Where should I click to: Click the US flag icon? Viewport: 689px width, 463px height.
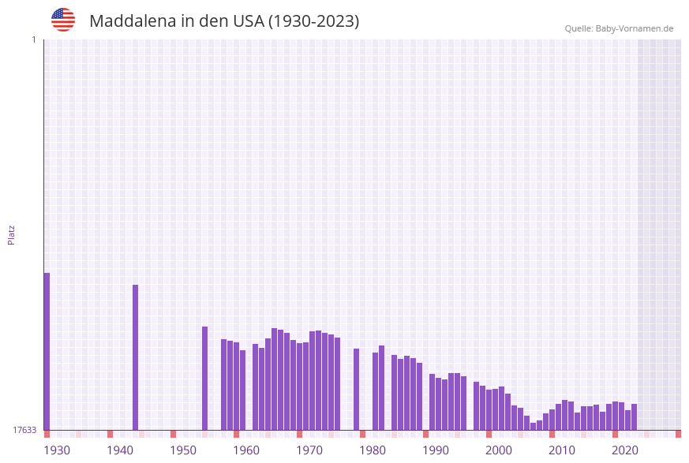point(63,20)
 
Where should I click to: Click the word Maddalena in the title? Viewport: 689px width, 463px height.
point(132,21)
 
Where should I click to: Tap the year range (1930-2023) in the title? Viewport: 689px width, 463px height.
point(313,21)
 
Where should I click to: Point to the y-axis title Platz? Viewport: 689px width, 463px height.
point(11,234)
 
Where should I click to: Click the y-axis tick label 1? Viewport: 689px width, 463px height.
point(33,39)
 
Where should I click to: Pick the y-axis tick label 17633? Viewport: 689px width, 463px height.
point(24,430)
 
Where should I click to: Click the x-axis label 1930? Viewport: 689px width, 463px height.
point(57,450)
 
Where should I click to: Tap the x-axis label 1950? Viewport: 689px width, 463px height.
point(183,450)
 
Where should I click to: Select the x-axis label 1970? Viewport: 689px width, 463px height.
point(309,450)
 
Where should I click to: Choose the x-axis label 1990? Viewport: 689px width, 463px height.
point(436,450)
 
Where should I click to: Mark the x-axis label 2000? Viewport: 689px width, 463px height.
point(499,450)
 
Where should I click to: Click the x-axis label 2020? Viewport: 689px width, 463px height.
point(625,450)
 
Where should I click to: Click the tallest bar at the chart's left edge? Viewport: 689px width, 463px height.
point(47,351)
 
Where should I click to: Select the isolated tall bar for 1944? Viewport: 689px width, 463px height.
point(135,357)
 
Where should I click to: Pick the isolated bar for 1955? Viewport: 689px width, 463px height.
point(204,378)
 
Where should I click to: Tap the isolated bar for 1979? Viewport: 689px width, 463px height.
point(356,389)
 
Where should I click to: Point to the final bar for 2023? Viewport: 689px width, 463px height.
point(634,416)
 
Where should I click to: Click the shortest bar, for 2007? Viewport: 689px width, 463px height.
point(533,426)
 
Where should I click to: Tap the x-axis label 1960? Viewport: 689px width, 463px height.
point(246,450)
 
